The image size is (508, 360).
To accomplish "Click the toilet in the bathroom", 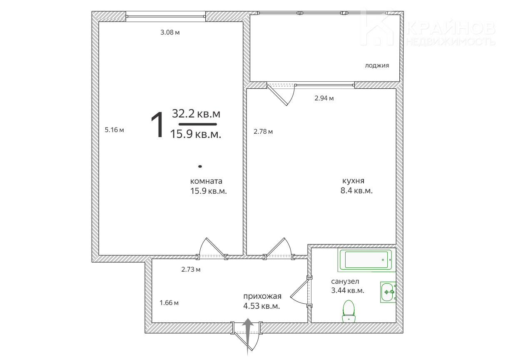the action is [x=349, y=311].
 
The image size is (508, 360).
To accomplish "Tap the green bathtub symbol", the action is [x=367, y=260].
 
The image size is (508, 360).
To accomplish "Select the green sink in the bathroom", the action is [x=388, y=292].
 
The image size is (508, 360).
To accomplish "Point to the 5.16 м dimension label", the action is [x=114, y=130].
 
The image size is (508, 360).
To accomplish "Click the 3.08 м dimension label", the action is [x=170, y=32].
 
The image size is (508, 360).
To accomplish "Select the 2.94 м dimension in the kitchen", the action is [x=324, y=98].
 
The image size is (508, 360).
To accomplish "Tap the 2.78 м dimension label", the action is [x=263, y=131].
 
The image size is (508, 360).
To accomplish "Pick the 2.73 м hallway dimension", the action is [x=191, y=269].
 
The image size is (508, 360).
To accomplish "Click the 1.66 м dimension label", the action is [x=169, y=302].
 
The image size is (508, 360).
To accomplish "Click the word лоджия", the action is [x=377, y=65].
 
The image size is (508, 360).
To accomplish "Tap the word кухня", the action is [x=354, y=181].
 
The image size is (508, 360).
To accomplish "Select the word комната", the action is [x=206, y=181].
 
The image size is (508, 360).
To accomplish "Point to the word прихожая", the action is [x=262, y=296].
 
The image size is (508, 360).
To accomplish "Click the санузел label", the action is [x=345, y=282].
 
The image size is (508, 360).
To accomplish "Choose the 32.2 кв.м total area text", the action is [x=196, y=113].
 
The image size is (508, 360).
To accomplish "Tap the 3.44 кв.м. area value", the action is [x=348, y=290].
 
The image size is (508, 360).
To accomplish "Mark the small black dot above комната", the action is [x=200, y=166].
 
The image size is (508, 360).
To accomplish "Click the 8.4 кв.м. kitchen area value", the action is [x=356, y=190].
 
